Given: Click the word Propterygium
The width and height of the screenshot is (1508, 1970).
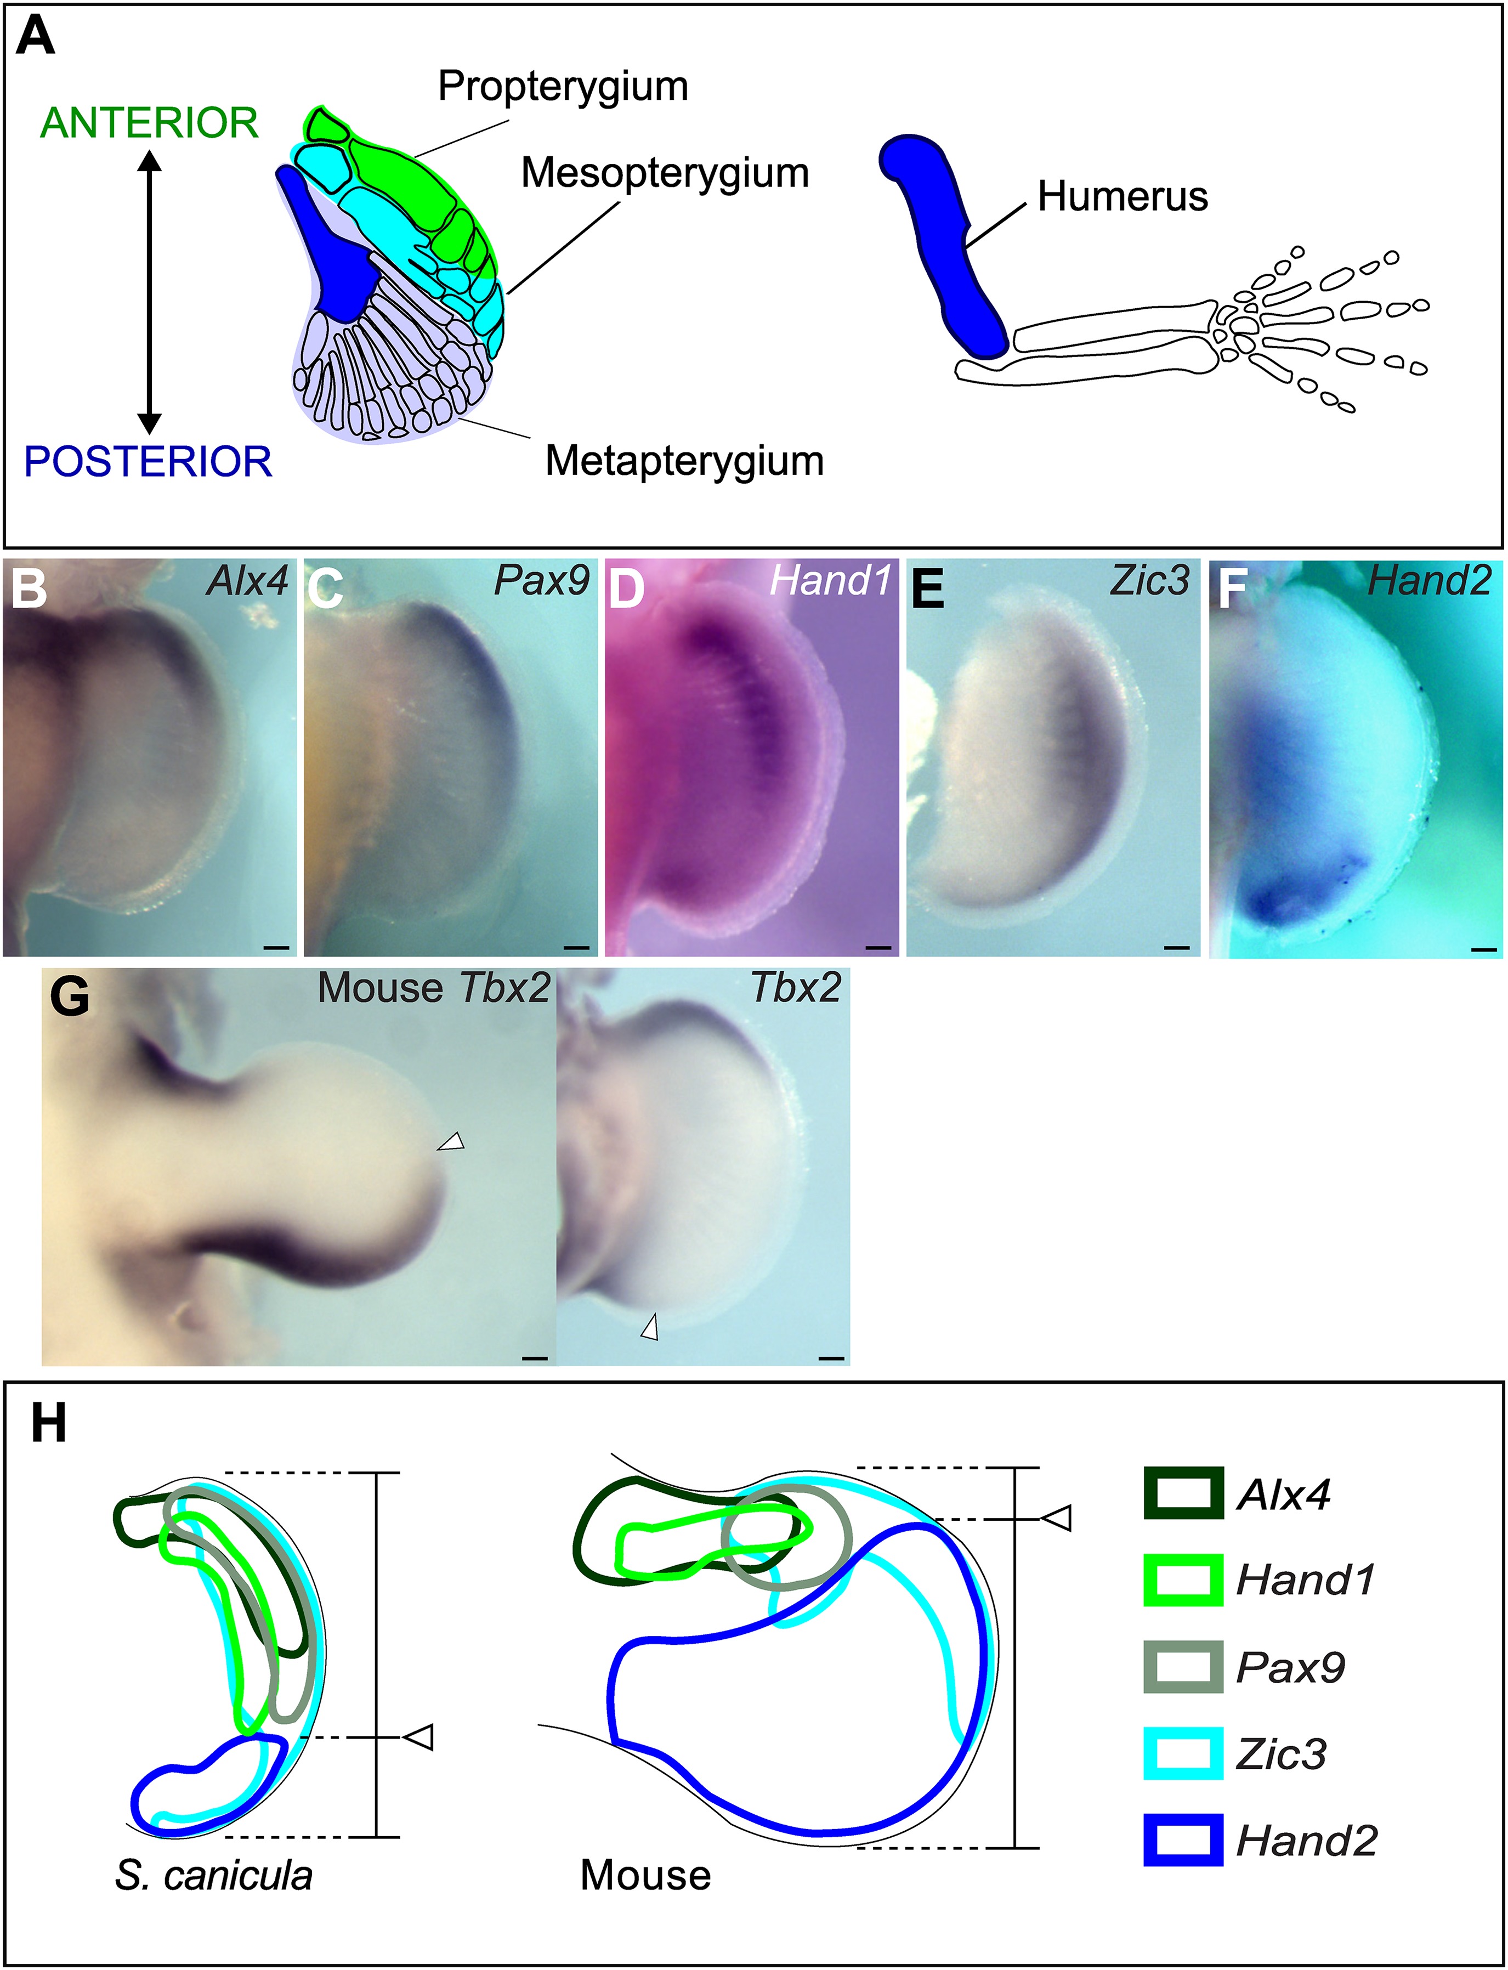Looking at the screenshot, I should (x=563, y=86).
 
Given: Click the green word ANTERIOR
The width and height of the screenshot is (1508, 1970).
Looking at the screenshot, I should (x=149, y=123).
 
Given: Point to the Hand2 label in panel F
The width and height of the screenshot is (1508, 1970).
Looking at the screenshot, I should (x=1429, y=581).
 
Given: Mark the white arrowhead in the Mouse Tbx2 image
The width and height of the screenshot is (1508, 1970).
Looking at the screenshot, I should (x=451, y=1142).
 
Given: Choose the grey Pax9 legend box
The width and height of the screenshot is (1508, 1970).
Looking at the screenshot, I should (x=1183, y=1667).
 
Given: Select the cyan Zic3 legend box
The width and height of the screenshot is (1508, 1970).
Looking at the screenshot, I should (x=1183, y=1754).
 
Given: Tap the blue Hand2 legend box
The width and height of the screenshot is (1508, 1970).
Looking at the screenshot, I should (x=1183, y=1841).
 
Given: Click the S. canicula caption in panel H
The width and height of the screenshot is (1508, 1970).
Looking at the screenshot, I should (x=214, y=1875).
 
